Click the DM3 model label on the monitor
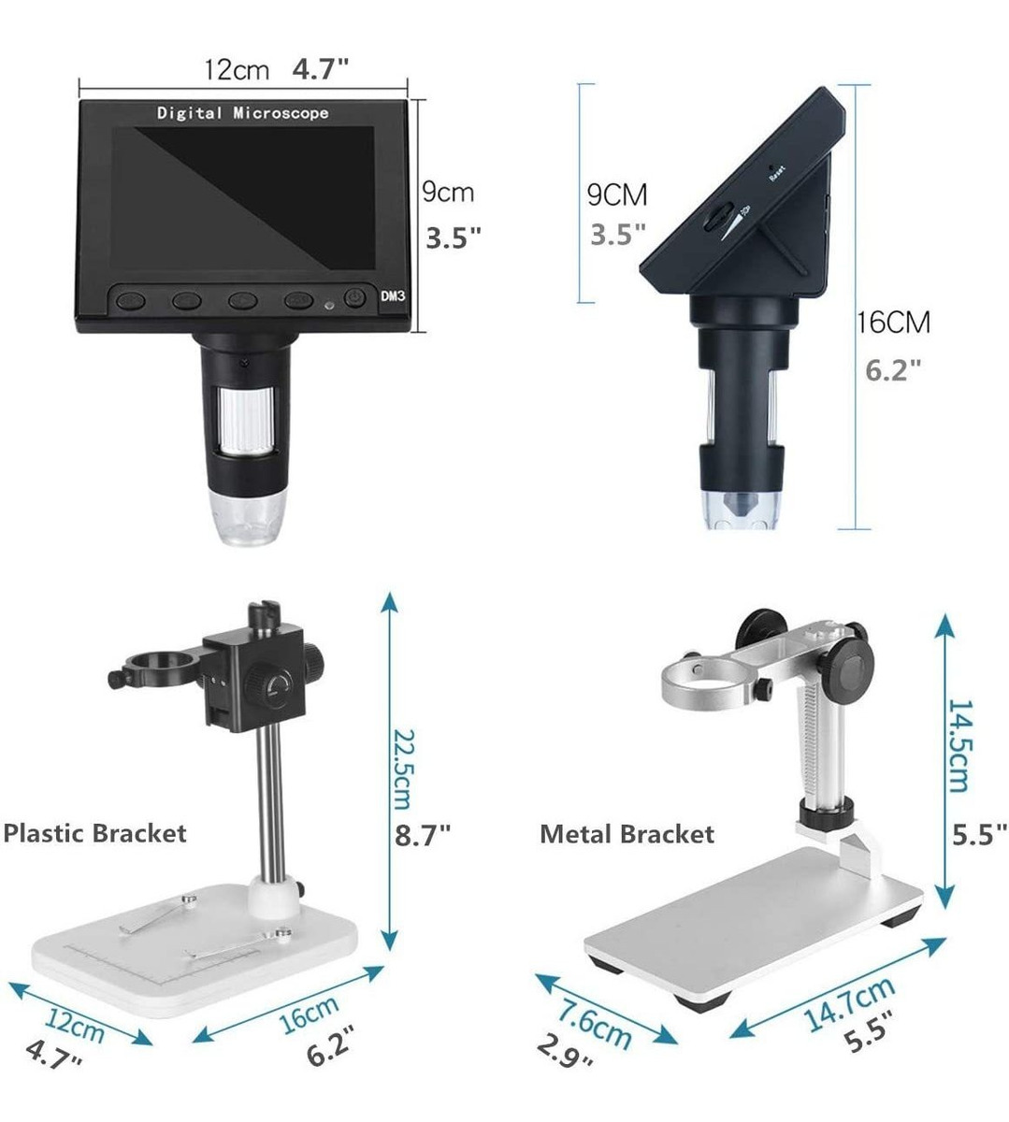pos(393,295)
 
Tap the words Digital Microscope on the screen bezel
pos(242,113)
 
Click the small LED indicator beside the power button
pos(329,306)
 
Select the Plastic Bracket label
pos(94,833)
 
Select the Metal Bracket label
pos(627,834)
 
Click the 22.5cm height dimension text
pos(402,770)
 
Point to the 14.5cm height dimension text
pos(959,746)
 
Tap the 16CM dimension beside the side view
pos(894,323)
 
